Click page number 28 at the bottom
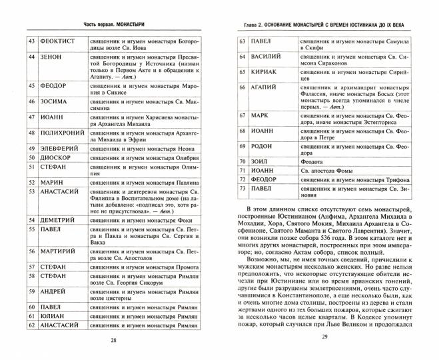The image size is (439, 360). coord(113,343)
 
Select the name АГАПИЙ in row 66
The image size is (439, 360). coord(268,87)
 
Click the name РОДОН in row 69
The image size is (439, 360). coord(264,145)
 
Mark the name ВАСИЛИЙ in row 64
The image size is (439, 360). coord(270,56)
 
